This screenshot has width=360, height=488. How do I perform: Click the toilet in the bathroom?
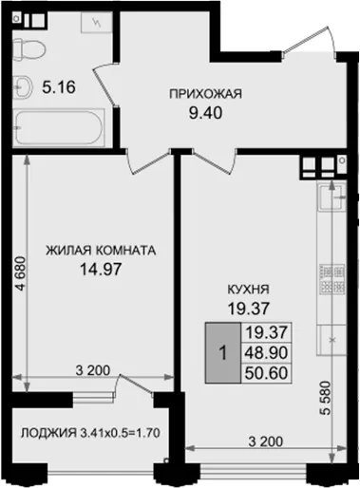coord(29,49)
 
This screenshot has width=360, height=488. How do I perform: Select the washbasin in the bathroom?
coord(22,85)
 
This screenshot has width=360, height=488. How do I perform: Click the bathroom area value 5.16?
coord(59,87)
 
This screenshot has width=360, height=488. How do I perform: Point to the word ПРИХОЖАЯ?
coord(205,94)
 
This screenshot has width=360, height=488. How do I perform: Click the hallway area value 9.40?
coord(205,113)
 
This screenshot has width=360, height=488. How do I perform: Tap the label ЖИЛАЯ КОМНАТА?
coord(101,251)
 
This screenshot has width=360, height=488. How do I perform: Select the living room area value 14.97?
coord(101,270)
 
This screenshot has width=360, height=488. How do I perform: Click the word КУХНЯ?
coord(249,289)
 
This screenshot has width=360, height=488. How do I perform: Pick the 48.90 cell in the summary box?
coord(266,353)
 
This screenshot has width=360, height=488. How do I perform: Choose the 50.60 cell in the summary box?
coord(266,373)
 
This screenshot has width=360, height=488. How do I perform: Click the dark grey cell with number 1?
coord(223,353)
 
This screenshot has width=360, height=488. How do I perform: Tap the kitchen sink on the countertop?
coord(332,197)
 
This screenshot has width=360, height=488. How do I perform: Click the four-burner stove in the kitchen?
coord(332,279)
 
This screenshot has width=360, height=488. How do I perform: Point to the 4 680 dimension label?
coord(19,273)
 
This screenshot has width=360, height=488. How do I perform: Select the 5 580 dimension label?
coord(325,399)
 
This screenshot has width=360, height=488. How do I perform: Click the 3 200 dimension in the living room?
coord(93,370)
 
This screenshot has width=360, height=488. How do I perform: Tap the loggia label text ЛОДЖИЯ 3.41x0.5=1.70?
coord(90,433)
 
